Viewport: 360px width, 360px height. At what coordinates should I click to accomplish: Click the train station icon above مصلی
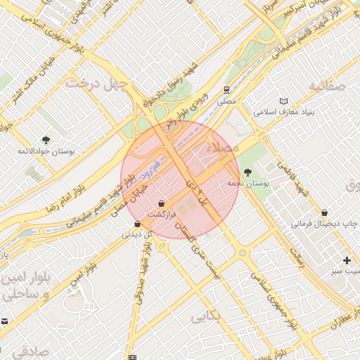(x=227, y=90)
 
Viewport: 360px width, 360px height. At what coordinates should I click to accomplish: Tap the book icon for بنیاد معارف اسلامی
(x=284, y=101)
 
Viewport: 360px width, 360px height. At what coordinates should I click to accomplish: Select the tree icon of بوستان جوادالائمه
(x=46, y=140)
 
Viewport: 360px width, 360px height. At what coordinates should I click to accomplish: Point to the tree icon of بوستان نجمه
(x=247, y=172)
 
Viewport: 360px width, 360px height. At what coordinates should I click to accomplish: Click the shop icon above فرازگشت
(x=162, y=202)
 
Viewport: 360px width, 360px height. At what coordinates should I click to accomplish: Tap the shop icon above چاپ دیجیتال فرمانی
(x=324, y=212)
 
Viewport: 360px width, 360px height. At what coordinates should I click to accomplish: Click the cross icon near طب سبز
(x=347, y=260)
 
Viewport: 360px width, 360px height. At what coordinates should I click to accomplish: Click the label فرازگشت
(x=162, y=213)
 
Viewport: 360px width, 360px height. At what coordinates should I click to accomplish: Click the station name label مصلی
(x=227, y=102)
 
